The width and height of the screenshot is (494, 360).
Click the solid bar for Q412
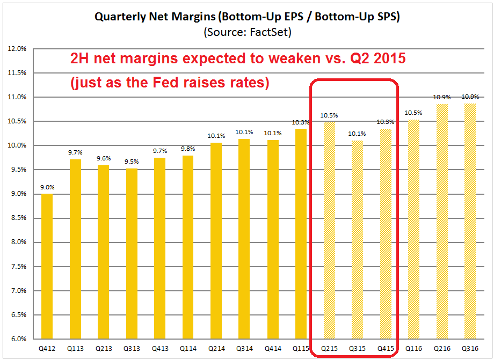click(x=47, y=267)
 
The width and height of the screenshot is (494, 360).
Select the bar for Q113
click(x=75, y=249)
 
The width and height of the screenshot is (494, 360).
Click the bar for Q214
click(x=216, y=241)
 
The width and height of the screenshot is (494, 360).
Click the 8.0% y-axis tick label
click(x=19, y=243)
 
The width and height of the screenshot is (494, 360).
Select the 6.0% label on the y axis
click(x=19, y=339)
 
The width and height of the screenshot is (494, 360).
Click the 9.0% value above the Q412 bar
click(x=47, y=187)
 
